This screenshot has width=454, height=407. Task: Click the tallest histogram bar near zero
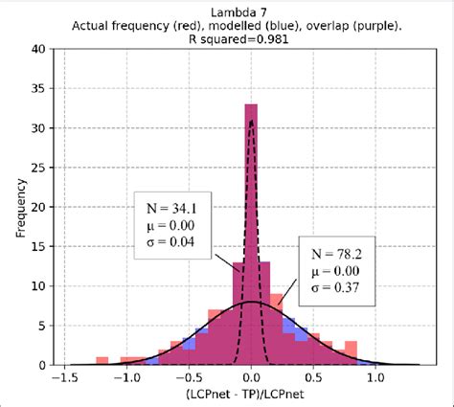tap(251, 239)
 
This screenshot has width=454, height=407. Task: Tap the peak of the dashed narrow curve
tap(251, 121)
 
